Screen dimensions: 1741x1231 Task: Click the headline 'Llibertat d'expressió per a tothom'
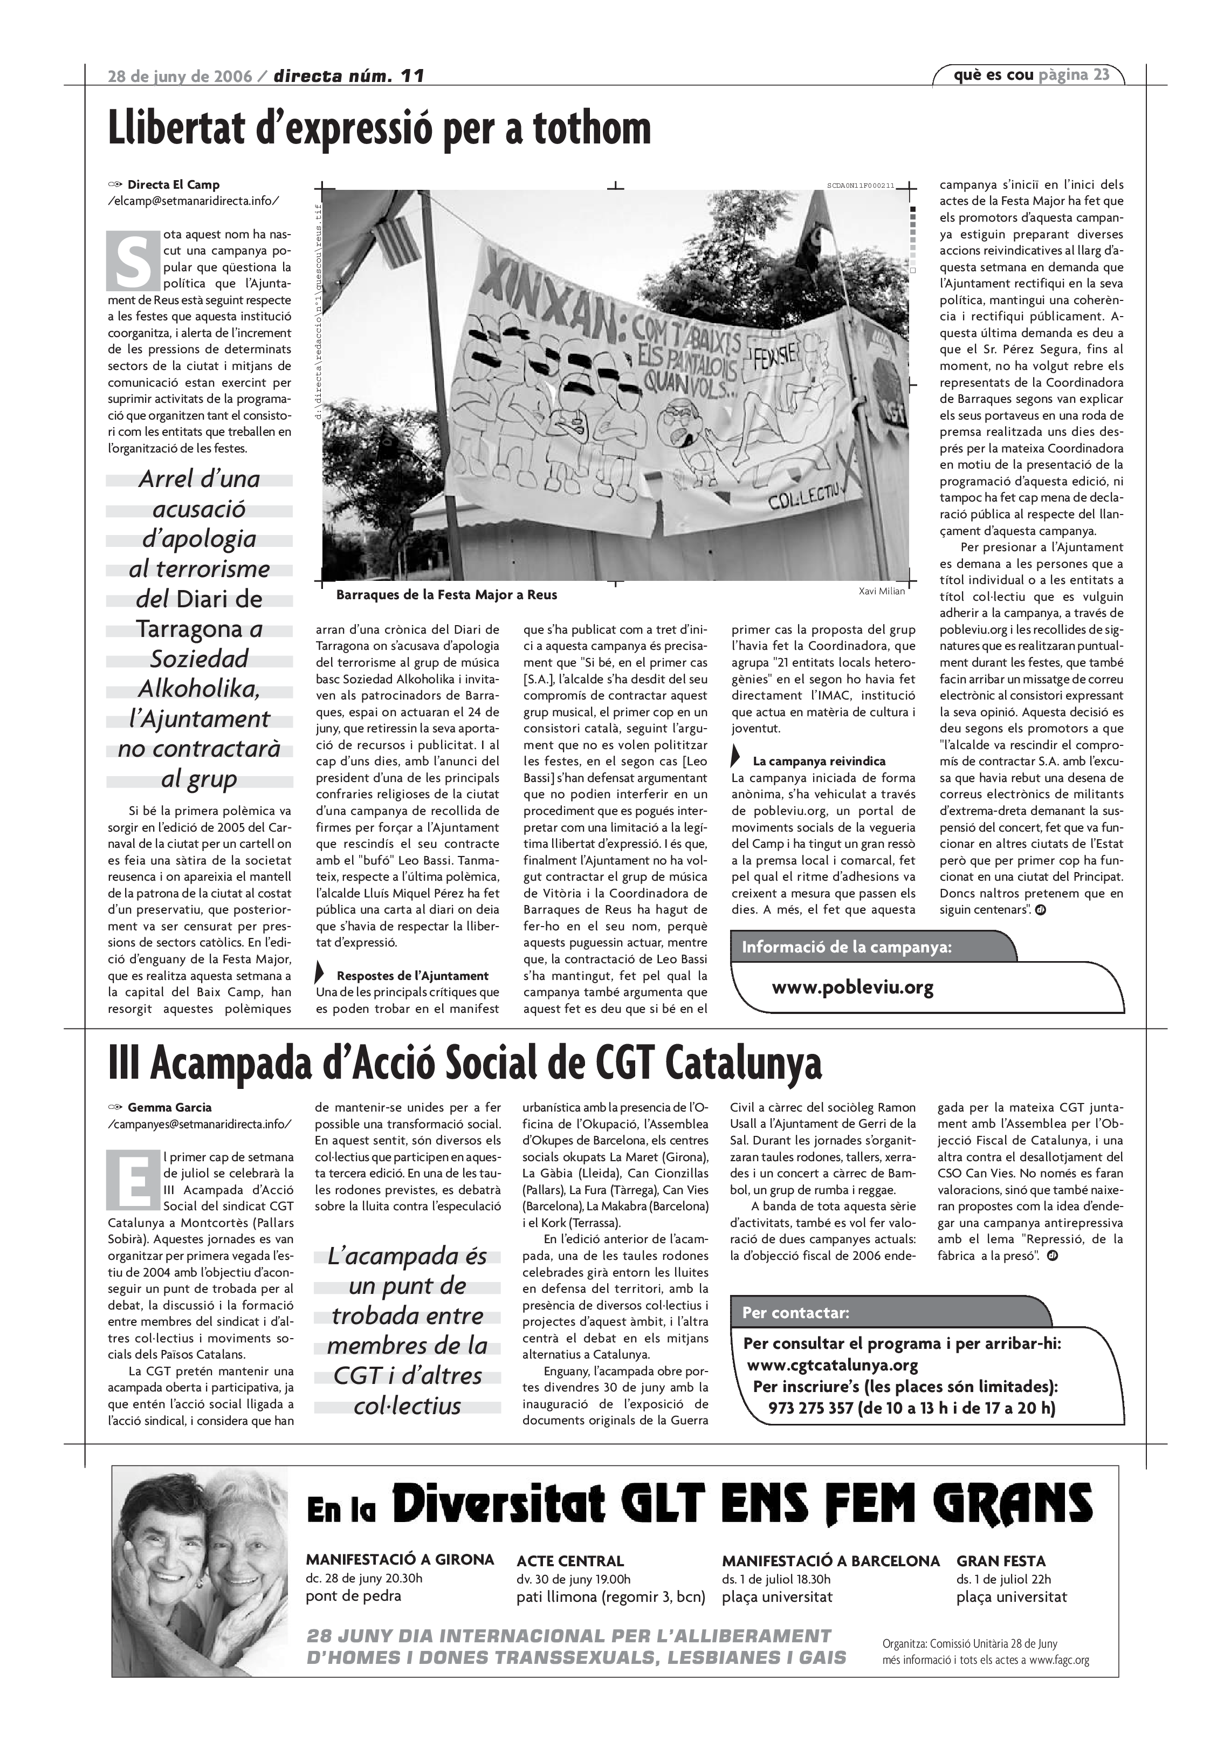click(379, 129)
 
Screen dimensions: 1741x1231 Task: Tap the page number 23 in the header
click(1102, 74)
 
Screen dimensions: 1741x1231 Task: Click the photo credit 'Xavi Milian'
click(882, 592)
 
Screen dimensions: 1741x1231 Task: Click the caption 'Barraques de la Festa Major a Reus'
click(446, 595)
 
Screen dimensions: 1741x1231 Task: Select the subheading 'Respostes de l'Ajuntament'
click(412, 976)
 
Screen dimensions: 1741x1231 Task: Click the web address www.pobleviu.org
click(852, 988)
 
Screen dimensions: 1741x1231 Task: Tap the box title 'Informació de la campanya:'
click(846, 947)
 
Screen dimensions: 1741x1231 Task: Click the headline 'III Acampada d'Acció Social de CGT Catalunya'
click(465, 1064)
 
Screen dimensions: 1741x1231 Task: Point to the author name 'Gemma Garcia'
click(170, 1107)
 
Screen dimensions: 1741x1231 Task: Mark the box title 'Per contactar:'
click(795, 1313)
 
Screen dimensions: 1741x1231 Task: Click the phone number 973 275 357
click(810, 1409)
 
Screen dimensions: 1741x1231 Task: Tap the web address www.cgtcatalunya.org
click(833, 1366)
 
